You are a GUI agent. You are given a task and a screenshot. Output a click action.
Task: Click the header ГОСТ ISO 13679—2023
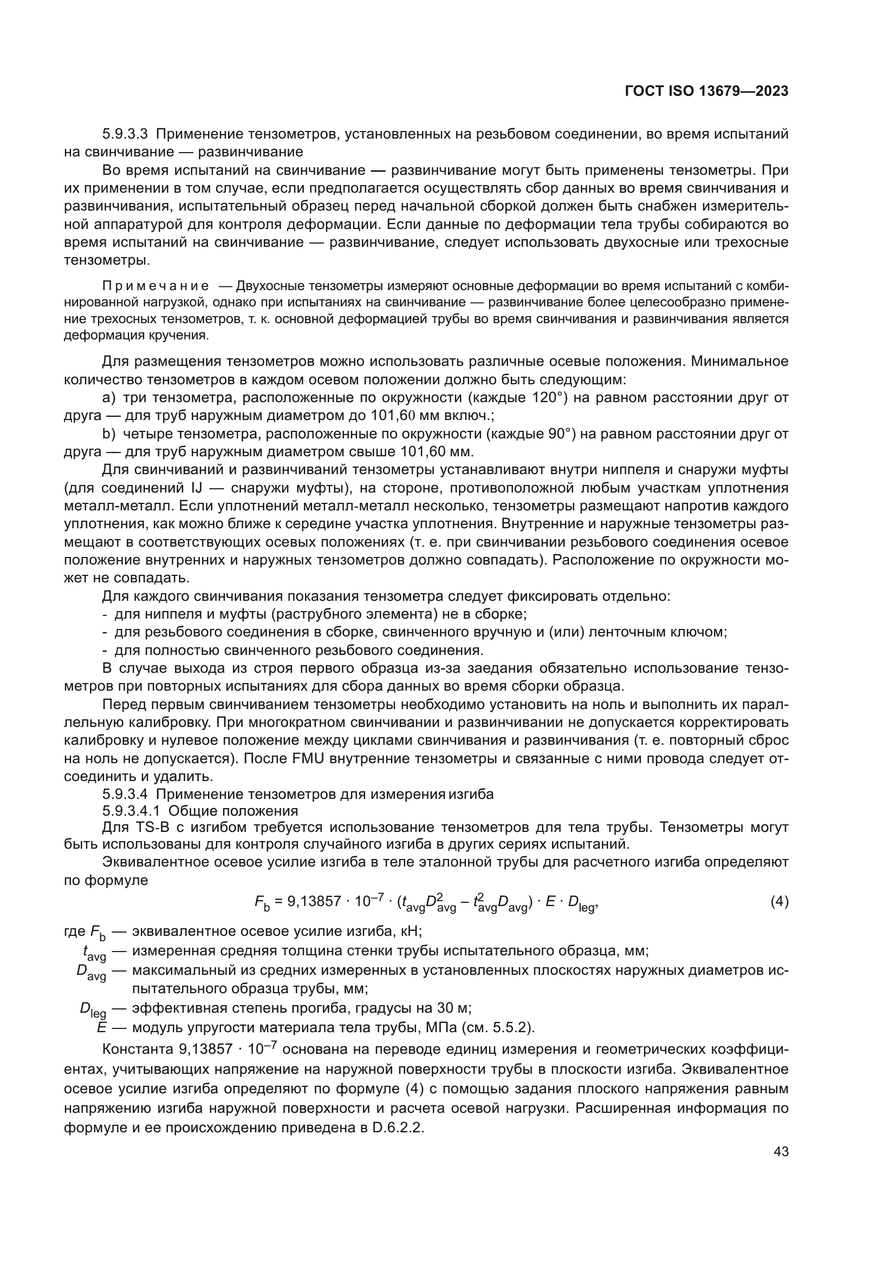click(706, 91)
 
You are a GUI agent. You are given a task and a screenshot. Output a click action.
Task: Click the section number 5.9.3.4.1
click(131, 811)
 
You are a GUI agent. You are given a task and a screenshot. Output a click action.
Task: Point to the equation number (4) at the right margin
click(779, 902)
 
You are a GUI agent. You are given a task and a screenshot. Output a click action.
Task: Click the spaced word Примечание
click(155, 286)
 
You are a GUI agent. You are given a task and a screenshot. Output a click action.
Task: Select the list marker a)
click(109, 398)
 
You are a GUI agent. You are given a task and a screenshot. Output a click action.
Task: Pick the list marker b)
click(109, 435)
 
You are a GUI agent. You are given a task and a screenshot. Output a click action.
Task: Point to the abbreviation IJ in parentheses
click(198, 489)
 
